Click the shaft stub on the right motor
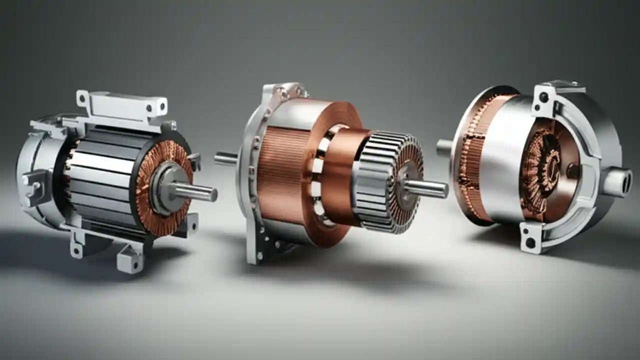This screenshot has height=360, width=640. click(444, 147)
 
